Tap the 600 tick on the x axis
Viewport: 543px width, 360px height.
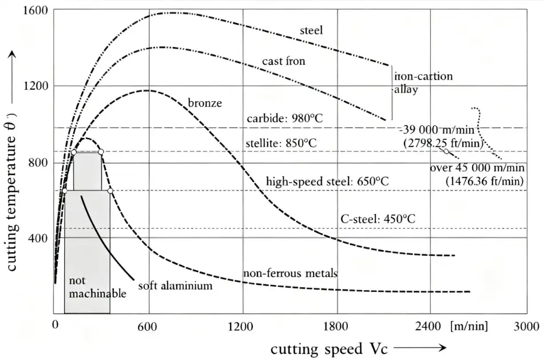point(148,327)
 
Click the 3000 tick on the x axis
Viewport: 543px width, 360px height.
point(527,327)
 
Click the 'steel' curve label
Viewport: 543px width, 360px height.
point(311,30)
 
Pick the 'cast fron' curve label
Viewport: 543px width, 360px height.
point(284,61)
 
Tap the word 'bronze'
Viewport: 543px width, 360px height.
point(204,104)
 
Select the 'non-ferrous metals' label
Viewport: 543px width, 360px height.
point(290,274)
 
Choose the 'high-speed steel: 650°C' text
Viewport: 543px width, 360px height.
point(327,181)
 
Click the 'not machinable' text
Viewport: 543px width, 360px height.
point(97,287)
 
